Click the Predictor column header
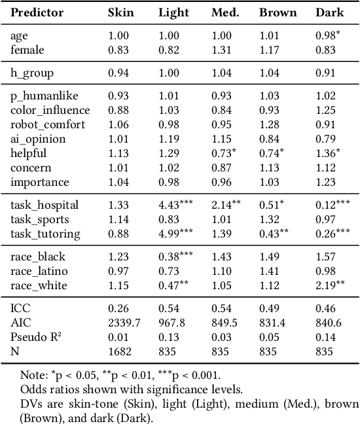pyautogui.click(x=37, y=12)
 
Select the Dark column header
pyautogui.click(x=329, y=12)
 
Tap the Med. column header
pyautogui.click(x=225, y=12)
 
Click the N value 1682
pyautogui.click(x=118, y=351)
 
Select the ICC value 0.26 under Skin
pyautogui.click(x=117, y=308)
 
